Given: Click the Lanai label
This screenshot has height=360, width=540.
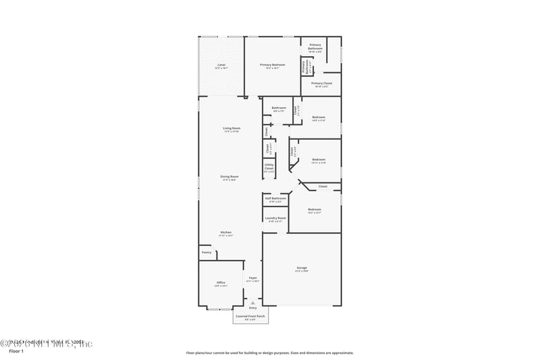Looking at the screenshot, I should (x=221, y=65).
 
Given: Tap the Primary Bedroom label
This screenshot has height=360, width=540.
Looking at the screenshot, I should (x=273, y=65).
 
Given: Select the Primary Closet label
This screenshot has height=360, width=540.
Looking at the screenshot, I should (x=321, y=83).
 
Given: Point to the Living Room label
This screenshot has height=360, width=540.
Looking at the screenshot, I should (x=232, y=128).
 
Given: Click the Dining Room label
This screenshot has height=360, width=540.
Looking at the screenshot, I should (x=230, y=177).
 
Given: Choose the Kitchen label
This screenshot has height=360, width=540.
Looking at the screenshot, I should (x=225, y=232).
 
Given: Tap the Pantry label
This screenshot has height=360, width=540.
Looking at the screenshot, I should (x=207, y=252).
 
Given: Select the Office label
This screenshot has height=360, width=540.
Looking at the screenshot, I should (x=221, y=282).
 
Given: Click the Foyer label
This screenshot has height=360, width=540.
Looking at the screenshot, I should (x=253, y=278).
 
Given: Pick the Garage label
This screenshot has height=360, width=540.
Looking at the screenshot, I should (x=302, y=268).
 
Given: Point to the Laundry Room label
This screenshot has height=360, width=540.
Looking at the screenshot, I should (x=275, y=218).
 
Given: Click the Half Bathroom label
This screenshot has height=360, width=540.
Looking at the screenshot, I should (x=275, y=199).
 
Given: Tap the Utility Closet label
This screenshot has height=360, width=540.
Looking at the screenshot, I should (x=269, y=166).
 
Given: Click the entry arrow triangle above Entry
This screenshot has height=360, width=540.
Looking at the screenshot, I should (x=252, y=303).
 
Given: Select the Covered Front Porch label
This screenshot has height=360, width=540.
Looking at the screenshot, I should (x=250, y=315).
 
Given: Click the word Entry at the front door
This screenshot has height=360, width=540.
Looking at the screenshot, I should (x=252, y=308).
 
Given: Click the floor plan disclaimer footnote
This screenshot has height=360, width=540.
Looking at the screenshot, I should (x=269, y=353).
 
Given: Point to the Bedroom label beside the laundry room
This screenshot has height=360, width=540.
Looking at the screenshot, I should (x=315, y=209).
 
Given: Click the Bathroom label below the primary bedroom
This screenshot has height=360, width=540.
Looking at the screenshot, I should (x=279, y=108).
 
